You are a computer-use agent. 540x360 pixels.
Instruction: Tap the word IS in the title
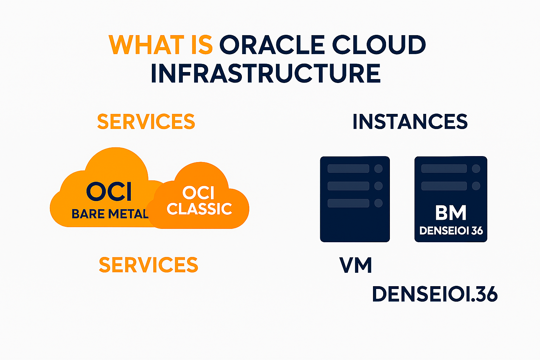click(202, 45)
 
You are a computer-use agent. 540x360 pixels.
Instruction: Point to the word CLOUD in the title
click(379, 45)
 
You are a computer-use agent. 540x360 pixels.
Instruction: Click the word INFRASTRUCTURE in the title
click(266, 73)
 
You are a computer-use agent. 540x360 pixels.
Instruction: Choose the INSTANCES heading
click(410, 122)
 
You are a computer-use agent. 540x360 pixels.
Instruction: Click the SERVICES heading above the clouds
click(146, 122)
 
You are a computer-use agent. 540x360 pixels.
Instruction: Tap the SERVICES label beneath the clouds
click(148, 265)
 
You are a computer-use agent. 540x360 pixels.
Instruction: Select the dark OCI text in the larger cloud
click(109, 192)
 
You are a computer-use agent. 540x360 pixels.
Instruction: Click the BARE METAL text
click(110, 214)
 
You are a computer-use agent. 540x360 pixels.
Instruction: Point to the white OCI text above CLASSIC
click(198, 193)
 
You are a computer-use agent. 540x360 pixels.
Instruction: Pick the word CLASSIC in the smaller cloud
click(199, 209)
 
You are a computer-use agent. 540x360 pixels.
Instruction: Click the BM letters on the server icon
click(451, 213)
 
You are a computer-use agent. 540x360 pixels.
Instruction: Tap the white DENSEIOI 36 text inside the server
click(451, 231)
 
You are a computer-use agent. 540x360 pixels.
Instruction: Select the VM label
click(355, 265)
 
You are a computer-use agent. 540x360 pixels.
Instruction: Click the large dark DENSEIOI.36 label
click(435, 294)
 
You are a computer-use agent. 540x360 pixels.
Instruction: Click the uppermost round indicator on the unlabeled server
click(378, 169)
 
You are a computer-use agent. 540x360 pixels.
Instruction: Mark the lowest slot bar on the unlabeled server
click(348, 203)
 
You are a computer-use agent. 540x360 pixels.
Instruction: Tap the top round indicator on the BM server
click(476, 169)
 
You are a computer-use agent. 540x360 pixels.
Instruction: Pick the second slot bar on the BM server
click(444, 186)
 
